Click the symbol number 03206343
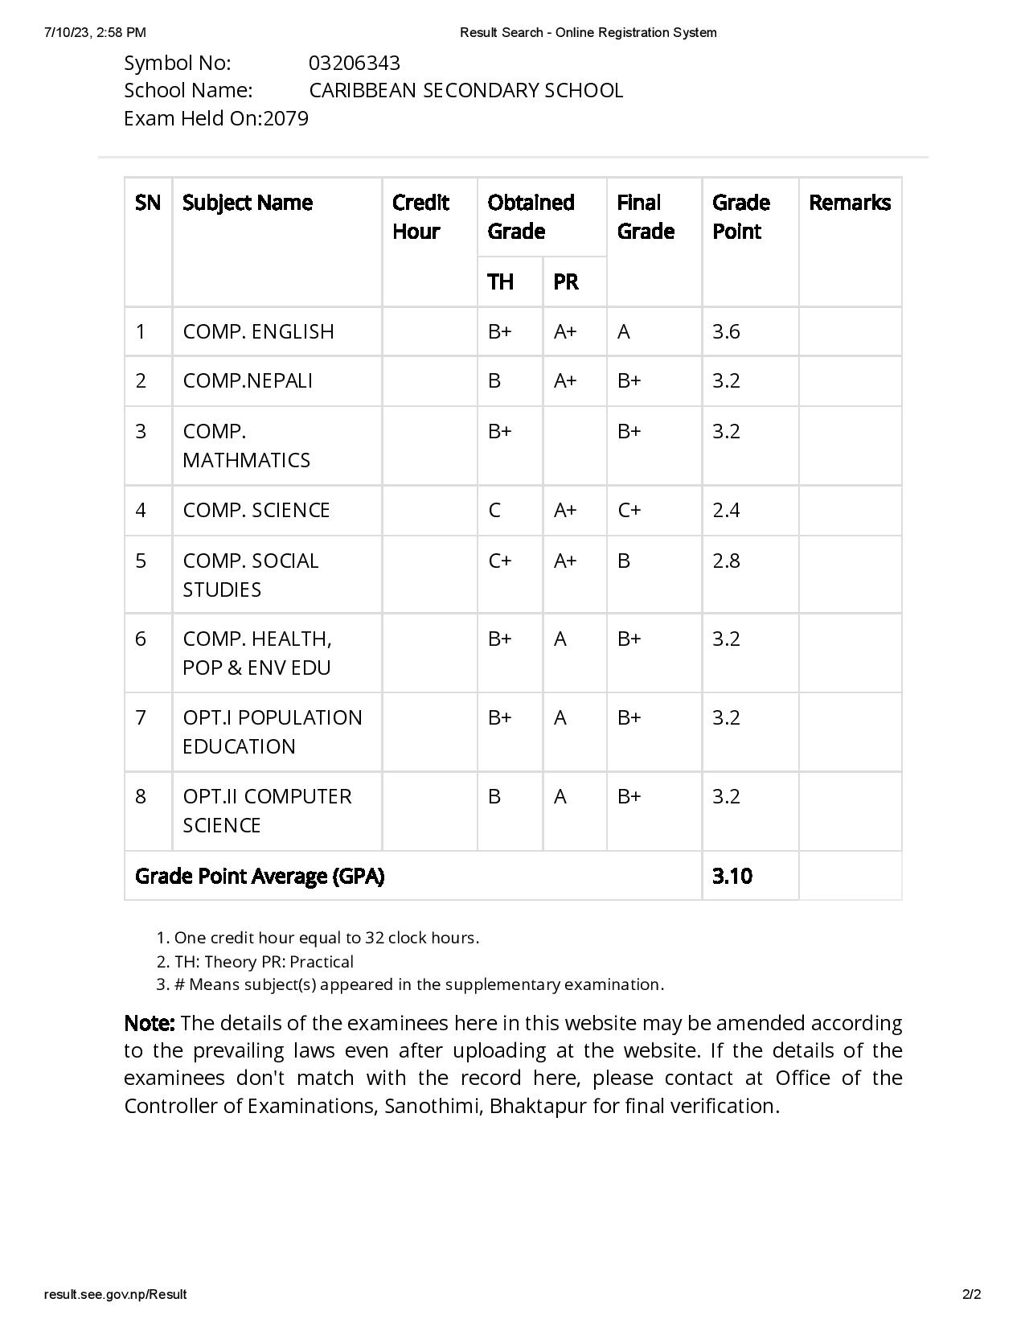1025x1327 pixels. click(354, 63)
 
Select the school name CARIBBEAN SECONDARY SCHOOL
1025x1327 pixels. click(465, 90)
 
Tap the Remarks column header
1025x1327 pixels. click(849, 203)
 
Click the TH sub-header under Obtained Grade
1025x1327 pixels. click(500, 281)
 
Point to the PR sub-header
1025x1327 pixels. click(565, 281)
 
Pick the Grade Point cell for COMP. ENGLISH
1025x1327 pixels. click(726, 331)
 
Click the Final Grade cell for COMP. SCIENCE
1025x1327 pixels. click(629, 510)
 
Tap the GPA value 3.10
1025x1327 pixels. click(732, 876)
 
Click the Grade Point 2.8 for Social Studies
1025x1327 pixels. click(726, 561)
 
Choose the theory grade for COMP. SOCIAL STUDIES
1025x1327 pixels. click(499, 561)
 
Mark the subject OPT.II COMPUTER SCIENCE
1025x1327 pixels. click(266, 811)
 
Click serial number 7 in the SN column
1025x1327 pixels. click(141, 717)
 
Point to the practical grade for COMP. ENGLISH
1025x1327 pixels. click(565, 331)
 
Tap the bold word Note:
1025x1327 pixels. click(150, 1023)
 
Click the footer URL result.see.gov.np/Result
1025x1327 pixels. click(115, 1294)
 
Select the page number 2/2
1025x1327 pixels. click(971, 1294)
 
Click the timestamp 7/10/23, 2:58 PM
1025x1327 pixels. click(95, 32)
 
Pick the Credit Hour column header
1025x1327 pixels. click(420, 216)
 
